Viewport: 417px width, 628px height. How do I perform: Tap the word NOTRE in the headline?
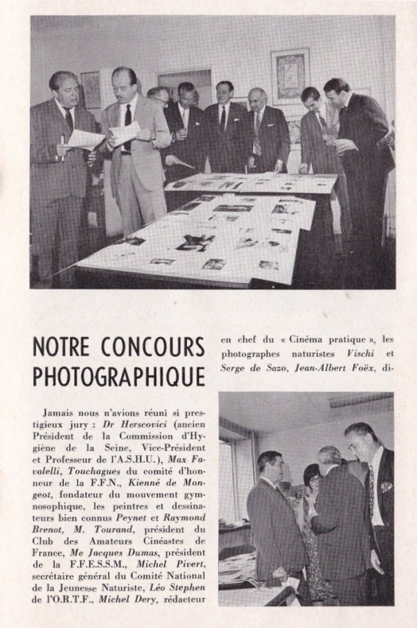coord(60,346)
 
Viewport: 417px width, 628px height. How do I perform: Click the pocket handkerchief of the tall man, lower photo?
coord(386,487)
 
